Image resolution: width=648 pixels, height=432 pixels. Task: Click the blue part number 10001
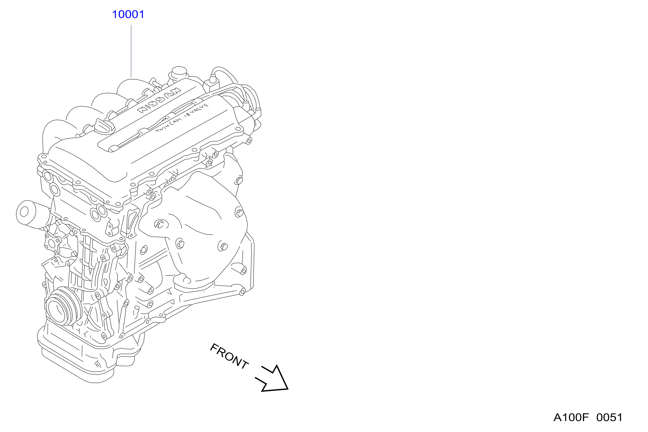coord(128,14)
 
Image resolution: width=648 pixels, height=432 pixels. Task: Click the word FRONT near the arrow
coord(229,356)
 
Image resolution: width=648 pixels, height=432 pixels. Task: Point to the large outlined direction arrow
coord(272,378)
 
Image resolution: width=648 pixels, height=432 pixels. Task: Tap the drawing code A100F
coord(571,417)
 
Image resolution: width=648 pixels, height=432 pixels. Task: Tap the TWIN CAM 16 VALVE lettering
coord(182,117)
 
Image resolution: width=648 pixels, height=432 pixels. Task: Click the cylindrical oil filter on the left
coord(33,214)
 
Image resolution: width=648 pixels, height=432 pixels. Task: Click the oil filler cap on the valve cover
coord(104,126)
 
